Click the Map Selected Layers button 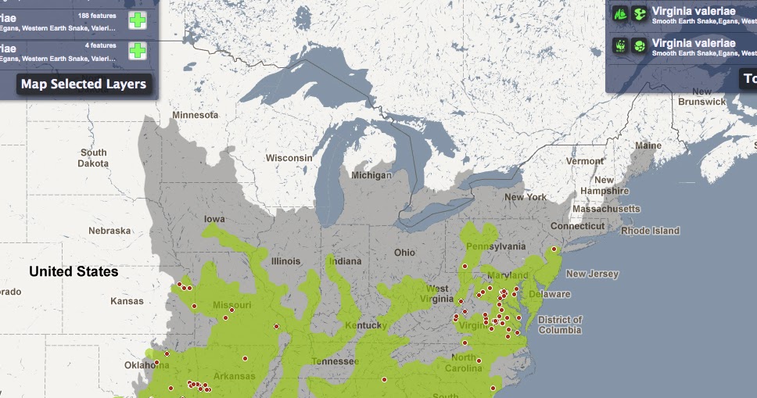click(83, 84)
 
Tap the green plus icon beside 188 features click(138, 20)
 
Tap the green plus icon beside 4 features click(138, 51)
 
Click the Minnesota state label click(195, 115)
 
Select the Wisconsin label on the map click(289, 158)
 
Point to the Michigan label click(371, 175)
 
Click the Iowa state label click(214, 219)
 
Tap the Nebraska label click(109, 231)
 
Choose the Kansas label click(127, 301)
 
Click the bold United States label click(74, 272)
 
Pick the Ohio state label click(404, 253)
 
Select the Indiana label click(345, 260)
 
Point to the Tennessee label click(335, 361)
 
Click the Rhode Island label click(650, 231)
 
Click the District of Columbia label click(560, 324)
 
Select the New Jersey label click(592, 274)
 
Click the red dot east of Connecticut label click(553, 249)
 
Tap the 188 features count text click(98, 15)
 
